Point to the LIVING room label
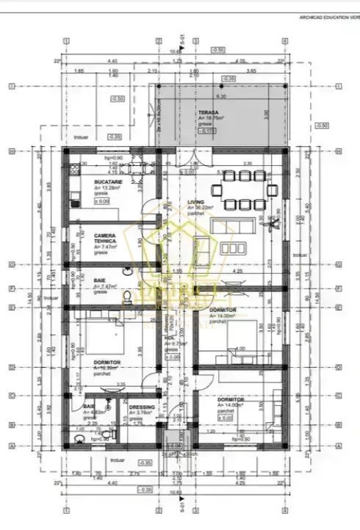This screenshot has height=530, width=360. coord(195,202)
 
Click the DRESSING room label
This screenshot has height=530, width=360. coord(141,407)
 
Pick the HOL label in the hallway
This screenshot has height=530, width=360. coord(170,337)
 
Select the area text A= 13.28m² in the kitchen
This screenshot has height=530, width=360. coord(108,186)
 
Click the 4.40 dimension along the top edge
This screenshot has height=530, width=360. coord(112,62)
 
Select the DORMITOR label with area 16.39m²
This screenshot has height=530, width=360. coord(107,362)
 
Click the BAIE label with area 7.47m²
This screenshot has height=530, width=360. coord(99,281)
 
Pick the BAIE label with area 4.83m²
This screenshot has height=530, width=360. coord(88,406)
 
